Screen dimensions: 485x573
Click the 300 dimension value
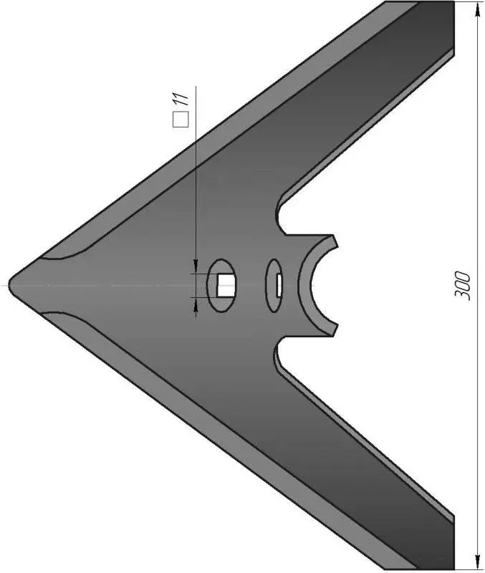click(462, 286)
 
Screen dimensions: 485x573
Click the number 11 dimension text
click(181, 100)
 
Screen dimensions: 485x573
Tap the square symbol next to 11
click(181, 120)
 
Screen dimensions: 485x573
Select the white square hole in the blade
click(226, 285)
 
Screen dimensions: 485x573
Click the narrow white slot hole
click(279, 285)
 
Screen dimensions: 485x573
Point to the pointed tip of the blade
click(9, 285)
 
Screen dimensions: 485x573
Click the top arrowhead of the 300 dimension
click(477, 9)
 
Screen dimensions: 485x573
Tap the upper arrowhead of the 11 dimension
click(196, 266)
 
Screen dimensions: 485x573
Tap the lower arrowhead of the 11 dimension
click(196, 304)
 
